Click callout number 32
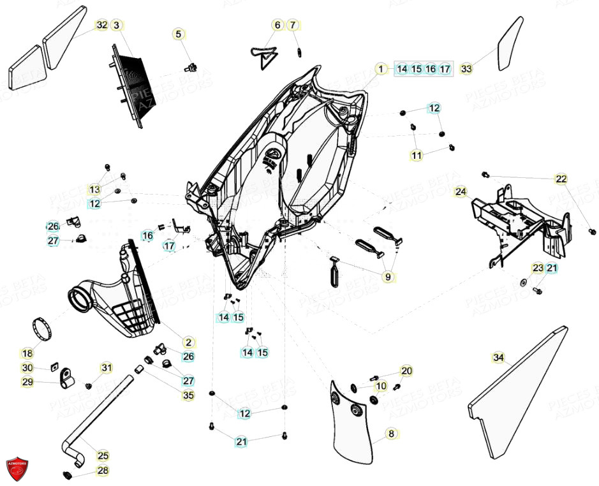(102, 26)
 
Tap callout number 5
(179, 34)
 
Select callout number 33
(466, 68)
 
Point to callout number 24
(461, 191)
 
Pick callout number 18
(27, 353)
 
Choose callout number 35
(188, 395)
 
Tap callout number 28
(103, 471)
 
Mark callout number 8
(392, 434)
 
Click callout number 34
(499, 358)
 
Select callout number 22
(561, 179)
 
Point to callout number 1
(380, 69)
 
